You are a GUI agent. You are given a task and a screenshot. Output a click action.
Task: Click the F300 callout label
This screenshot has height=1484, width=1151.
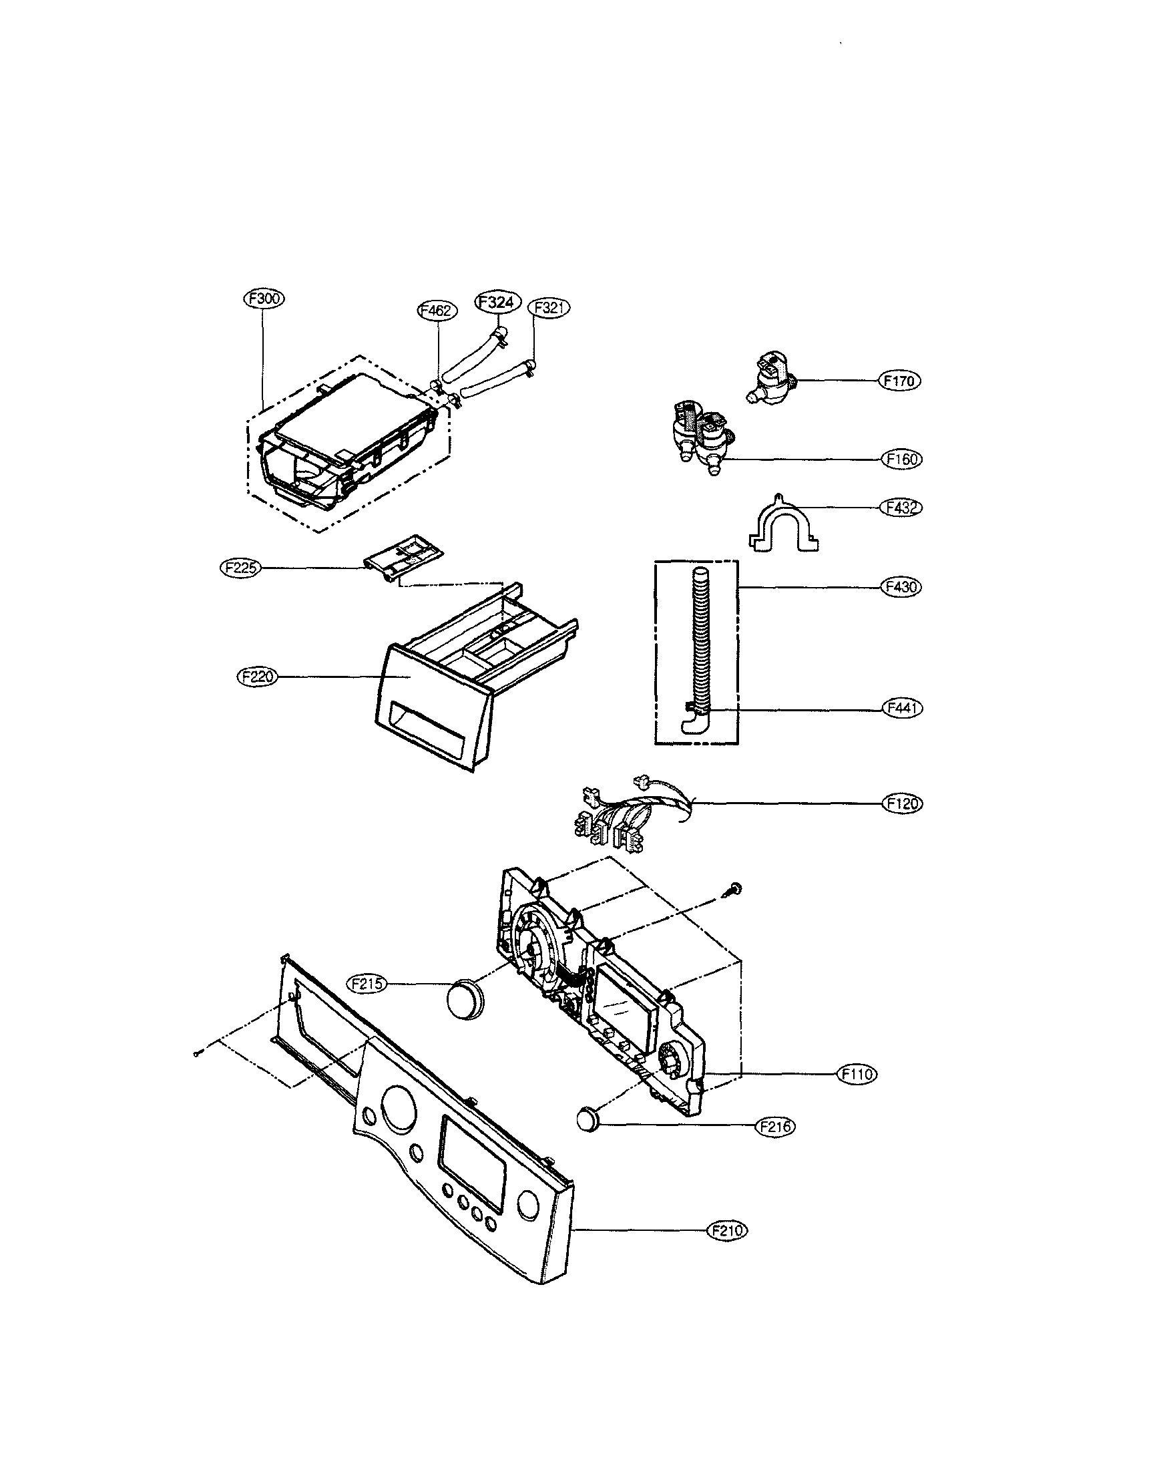(264, 299)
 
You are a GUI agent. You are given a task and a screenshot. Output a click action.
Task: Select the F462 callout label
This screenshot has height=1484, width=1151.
(436, 311)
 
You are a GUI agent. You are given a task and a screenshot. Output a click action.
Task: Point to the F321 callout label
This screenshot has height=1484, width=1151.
(548, 307)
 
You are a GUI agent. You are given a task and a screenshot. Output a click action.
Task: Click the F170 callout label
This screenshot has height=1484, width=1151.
(901, 381)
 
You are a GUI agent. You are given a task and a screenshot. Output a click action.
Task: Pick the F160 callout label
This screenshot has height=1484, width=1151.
(903, 459)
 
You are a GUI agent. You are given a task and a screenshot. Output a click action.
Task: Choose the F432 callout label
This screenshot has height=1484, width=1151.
(902, 508)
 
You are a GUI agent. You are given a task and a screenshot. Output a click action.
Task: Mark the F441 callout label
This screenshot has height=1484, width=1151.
(902, 708)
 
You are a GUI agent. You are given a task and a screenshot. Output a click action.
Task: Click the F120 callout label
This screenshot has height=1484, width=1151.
(903, 804)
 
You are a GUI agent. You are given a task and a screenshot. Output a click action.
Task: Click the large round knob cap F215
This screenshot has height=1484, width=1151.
(464, 1000)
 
